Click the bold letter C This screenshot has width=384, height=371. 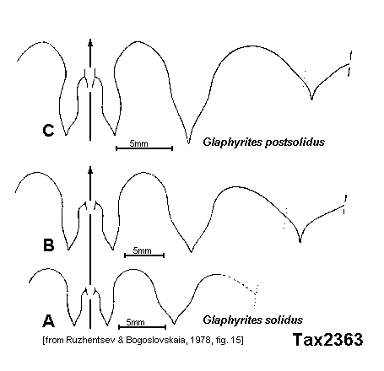point(48,131)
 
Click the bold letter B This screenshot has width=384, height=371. point(48,245)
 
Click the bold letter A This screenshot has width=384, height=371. point(48,321)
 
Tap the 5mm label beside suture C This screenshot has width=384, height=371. point(138,143)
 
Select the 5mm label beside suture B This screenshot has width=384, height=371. point(142,250)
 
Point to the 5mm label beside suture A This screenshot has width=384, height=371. point(135,322)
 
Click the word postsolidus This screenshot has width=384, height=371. point(295,142)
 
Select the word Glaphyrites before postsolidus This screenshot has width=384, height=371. point(232,142)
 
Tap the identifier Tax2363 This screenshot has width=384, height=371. point(327,339)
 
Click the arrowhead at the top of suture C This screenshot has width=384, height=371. point(90,42)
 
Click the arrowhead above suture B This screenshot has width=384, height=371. point(90,170)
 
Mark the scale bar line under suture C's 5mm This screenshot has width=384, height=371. point(144,148)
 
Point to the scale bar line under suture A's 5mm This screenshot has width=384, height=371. point(143,327)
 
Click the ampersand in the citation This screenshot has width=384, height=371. point(121,341)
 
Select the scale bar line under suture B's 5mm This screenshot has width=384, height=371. point(144,255)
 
